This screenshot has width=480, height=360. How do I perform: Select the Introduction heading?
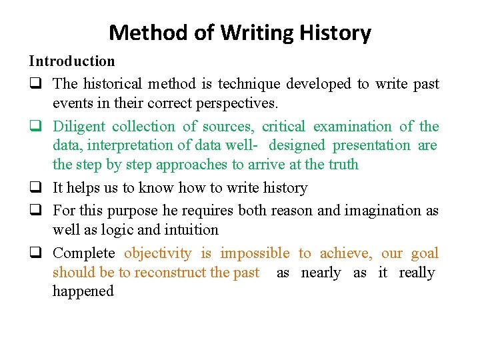coord(71,61)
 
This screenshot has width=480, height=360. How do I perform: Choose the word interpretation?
coord(139,145)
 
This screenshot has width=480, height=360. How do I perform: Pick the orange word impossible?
coord(255,253)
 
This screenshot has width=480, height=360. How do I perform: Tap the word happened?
coord(83,291)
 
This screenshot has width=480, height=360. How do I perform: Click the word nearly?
coord(321,273)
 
